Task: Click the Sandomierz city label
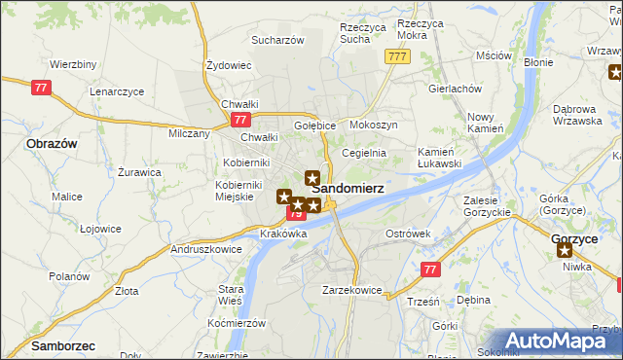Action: [348, 187]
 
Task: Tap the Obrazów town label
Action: [53, 143]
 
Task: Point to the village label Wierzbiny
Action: [73, 64]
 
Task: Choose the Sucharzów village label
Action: [278, 41]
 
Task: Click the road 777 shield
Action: [395, 57]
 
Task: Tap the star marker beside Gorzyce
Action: [565, 250]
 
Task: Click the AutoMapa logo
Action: [565, 341]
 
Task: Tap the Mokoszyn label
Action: [374, 126]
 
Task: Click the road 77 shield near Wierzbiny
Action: [40, 87]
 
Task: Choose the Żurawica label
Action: [139, 172]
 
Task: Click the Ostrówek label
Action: [408, 234]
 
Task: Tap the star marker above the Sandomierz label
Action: [311, 178]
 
